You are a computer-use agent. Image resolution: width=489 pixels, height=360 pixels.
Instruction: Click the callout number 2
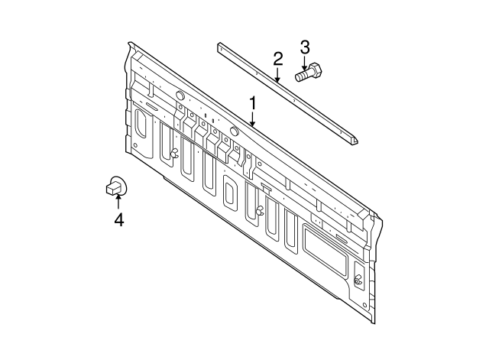[x=278, y=58]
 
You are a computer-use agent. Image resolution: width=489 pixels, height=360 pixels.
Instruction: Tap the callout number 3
[x=304, y=47]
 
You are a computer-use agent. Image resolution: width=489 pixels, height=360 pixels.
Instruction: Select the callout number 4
[x=118, y=221]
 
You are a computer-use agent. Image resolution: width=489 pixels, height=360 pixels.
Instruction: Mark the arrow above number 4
[x=118, y=202]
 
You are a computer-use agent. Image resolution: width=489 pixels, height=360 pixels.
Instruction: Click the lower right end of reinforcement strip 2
[x=355, y=142]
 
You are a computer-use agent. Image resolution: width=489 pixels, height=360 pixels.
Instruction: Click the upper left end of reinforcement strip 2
[x=219, y=48]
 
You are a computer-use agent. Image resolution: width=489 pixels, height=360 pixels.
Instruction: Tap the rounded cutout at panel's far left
[x=140, y=124]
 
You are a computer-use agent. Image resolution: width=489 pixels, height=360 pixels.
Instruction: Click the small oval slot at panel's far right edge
[x=358, y=277]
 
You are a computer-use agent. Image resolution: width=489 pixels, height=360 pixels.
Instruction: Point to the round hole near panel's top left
[x=179, y=95]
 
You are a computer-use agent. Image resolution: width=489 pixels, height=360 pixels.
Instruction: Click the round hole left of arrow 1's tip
[x=235, y=131]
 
